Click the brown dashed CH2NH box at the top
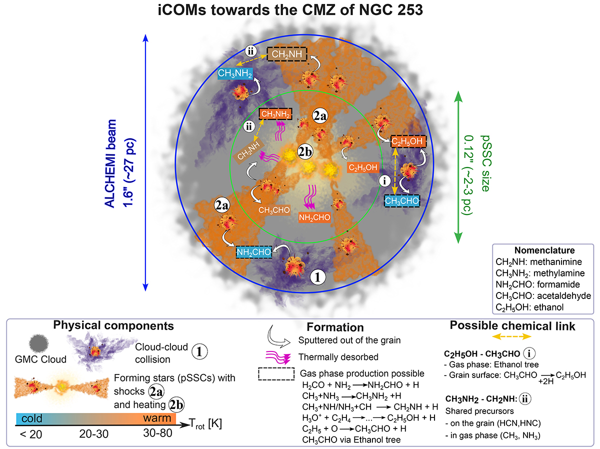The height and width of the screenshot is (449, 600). coord(287,53)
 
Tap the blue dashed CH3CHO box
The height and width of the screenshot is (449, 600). coord(402,200)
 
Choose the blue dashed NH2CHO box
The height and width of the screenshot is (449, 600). coord(254,251)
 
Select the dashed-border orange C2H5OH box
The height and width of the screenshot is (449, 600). coord(408,141)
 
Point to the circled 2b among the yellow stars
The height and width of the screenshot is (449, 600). coord(304,150)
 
